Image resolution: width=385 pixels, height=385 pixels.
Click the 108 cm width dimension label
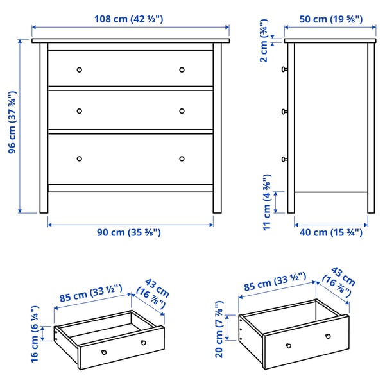click(x=130, y=19)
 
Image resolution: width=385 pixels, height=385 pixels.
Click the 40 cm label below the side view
click(x=331, y=232)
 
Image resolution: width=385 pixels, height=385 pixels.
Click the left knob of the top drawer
click(x=80, y=69)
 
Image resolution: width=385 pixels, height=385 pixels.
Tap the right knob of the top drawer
click(x=182, y=69)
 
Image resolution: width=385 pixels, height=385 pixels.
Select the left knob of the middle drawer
click(x=80, y=111)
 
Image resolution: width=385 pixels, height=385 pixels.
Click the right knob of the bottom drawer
click(x=182, y=158)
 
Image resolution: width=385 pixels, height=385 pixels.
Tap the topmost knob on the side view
click(x=284, y=68)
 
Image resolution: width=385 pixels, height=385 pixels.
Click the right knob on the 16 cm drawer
click(x=144, y=342)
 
